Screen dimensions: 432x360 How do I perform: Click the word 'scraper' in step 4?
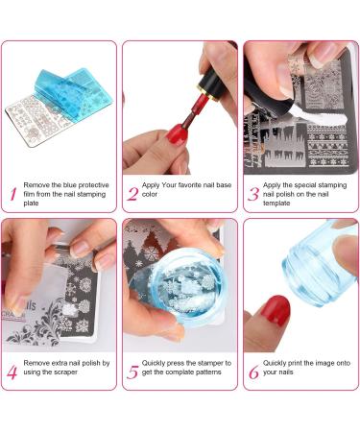point(80,372)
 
